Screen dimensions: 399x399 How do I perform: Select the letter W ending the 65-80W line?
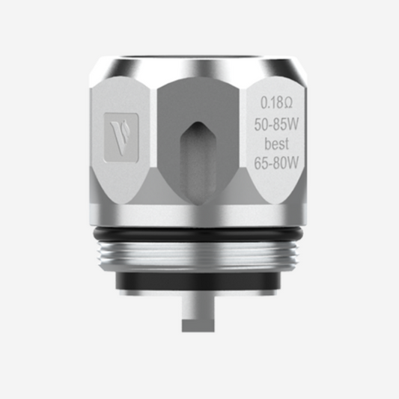[x=294, y=161]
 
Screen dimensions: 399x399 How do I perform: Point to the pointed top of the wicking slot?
[x=200, y=120]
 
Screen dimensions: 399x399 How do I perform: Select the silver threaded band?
[x=200, y=255]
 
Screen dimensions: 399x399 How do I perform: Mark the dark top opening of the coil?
[x=200, y=54]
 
